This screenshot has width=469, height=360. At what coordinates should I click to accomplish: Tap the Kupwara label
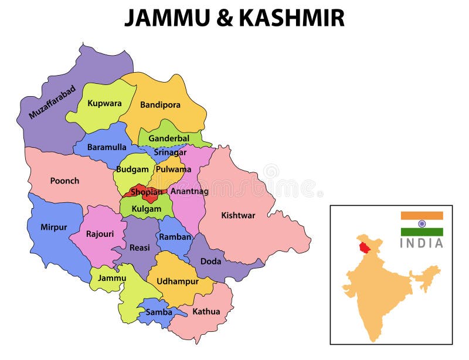pos(104,103)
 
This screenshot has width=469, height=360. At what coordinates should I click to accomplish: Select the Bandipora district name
pos(160,105)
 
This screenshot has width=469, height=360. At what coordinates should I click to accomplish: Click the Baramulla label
pos(107,147)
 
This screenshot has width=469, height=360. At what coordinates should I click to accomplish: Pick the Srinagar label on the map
pos(171,152)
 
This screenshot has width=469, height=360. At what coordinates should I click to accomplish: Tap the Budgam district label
pos(132,169)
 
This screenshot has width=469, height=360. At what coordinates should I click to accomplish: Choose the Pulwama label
pos(174,169)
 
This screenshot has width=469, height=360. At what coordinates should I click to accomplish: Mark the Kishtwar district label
pos(238,215)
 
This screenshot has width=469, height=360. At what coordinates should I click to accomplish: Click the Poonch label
pos(64,181)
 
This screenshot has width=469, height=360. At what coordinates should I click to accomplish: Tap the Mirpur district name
pos(53,227)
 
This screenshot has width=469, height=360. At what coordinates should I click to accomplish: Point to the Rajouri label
pos(100,233)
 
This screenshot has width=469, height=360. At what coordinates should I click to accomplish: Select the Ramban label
pos(175,237)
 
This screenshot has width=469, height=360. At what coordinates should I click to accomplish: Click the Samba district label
pos(159,312)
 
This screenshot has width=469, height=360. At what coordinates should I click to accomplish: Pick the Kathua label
pos(206,311)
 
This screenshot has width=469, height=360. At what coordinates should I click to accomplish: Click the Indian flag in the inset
pos(422,224)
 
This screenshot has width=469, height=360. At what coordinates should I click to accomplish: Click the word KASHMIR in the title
pos(290,18)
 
